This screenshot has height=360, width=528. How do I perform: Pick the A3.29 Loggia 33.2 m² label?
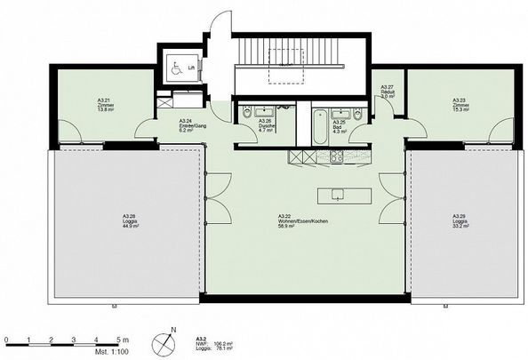point(459,220)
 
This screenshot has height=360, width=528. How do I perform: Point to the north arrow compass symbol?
point(163,340)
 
